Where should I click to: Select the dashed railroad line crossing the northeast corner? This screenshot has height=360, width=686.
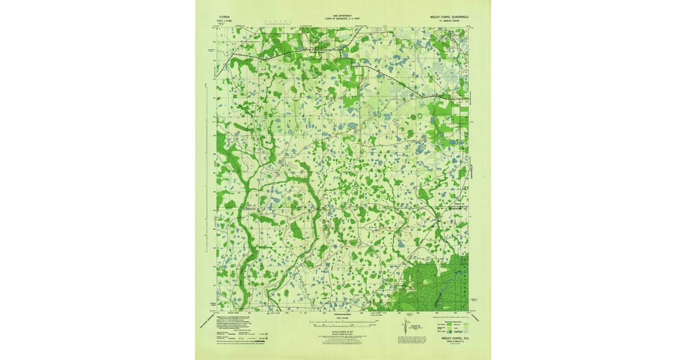[389, 74]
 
